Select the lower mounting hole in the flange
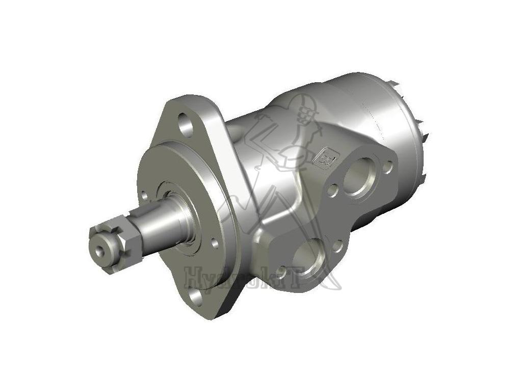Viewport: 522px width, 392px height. tap(196, 296)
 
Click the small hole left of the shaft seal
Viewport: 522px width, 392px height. tap(144, 195)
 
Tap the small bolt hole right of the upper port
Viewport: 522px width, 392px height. tap(388, 165)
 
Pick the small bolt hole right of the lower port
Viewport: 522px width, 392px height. tap(337, 247)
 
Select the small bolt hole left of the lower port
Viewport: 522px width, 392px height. tap(281, 271)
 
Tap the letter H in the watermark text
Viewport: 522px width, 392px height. tap(196, 278)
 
